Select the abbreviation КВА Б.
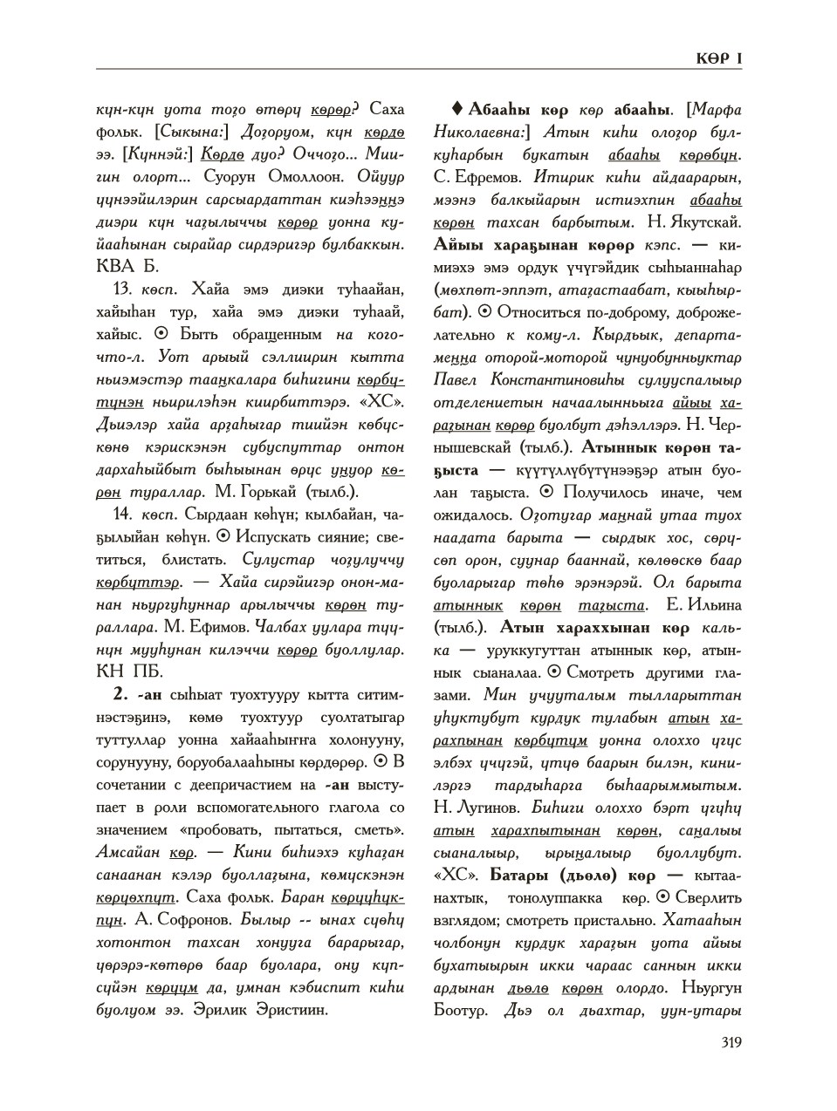127,266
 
